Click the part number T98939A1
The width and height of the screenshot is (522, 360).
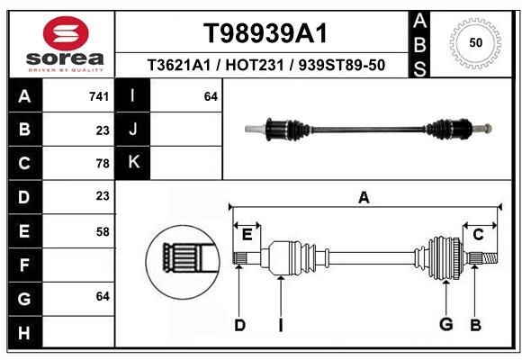[x=265, y=33]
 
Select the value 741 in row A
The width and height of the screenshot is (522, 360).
[x=99, y=96]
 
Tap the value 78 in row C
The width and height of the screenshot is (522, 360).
[x=102, y=163]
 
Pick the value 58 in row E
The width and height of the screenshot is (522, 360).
[x=102, y=231]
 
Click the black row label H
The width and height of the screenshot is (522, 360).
[x=23, y=332]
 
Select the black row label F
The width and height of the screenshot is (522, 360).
[x=23, y=265]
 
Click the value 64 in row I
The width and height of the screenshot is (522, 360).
[x=211, y=96]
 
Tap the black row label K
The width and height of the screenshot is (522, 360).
[x=133, y=163]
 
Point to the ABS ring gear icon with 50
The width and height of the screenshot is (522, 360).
[x=473, y=42]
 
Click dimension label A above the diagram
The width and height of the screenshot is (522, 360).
[x=364, y=198]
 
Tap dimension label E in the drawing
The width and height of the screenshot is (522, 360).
[x=247, y=235]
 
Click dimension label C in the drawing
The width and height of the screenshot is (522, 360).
[x=479, y=235]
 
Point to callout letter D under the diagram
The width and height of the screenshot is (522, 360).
[x=239, y=325]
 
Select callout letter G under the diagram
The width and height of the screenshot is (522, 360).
[x=445, y=325]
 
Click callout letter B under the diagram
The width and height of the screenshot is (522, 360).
[x=475, y=325]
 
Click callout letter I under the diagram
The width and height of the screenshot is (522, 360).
[x=280, y=325]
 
